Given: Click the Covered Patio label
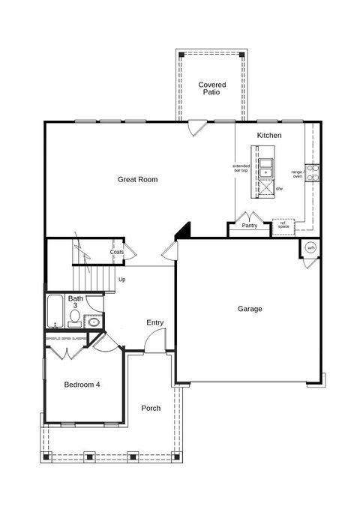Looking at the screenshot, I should pos(212,89).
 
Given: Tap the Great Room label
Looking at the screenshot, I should pos(137,179).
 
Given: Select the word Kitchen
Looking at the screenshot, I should pos(269,135).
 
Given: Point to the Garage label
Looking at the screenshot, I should pos(250,308).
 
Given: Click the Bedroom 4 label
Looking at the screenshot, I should pos(82,385).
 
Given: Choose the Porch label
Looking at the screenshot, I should pos(151,408).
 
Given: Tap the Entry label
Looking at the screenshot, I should pos(155,322).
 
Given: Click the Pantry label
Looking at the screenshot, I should pos(249,225).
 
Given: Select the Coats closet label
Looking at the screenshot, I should pos(117,252).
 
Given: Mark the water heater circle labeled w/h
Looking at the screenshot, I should pos(310,248).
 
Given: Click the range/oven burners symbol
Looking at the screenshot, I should pos(312,173).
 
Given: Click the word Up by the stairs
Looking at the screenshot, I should pos(122,279).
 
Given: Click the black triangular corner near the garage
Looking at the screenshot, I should pos(184,232).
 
